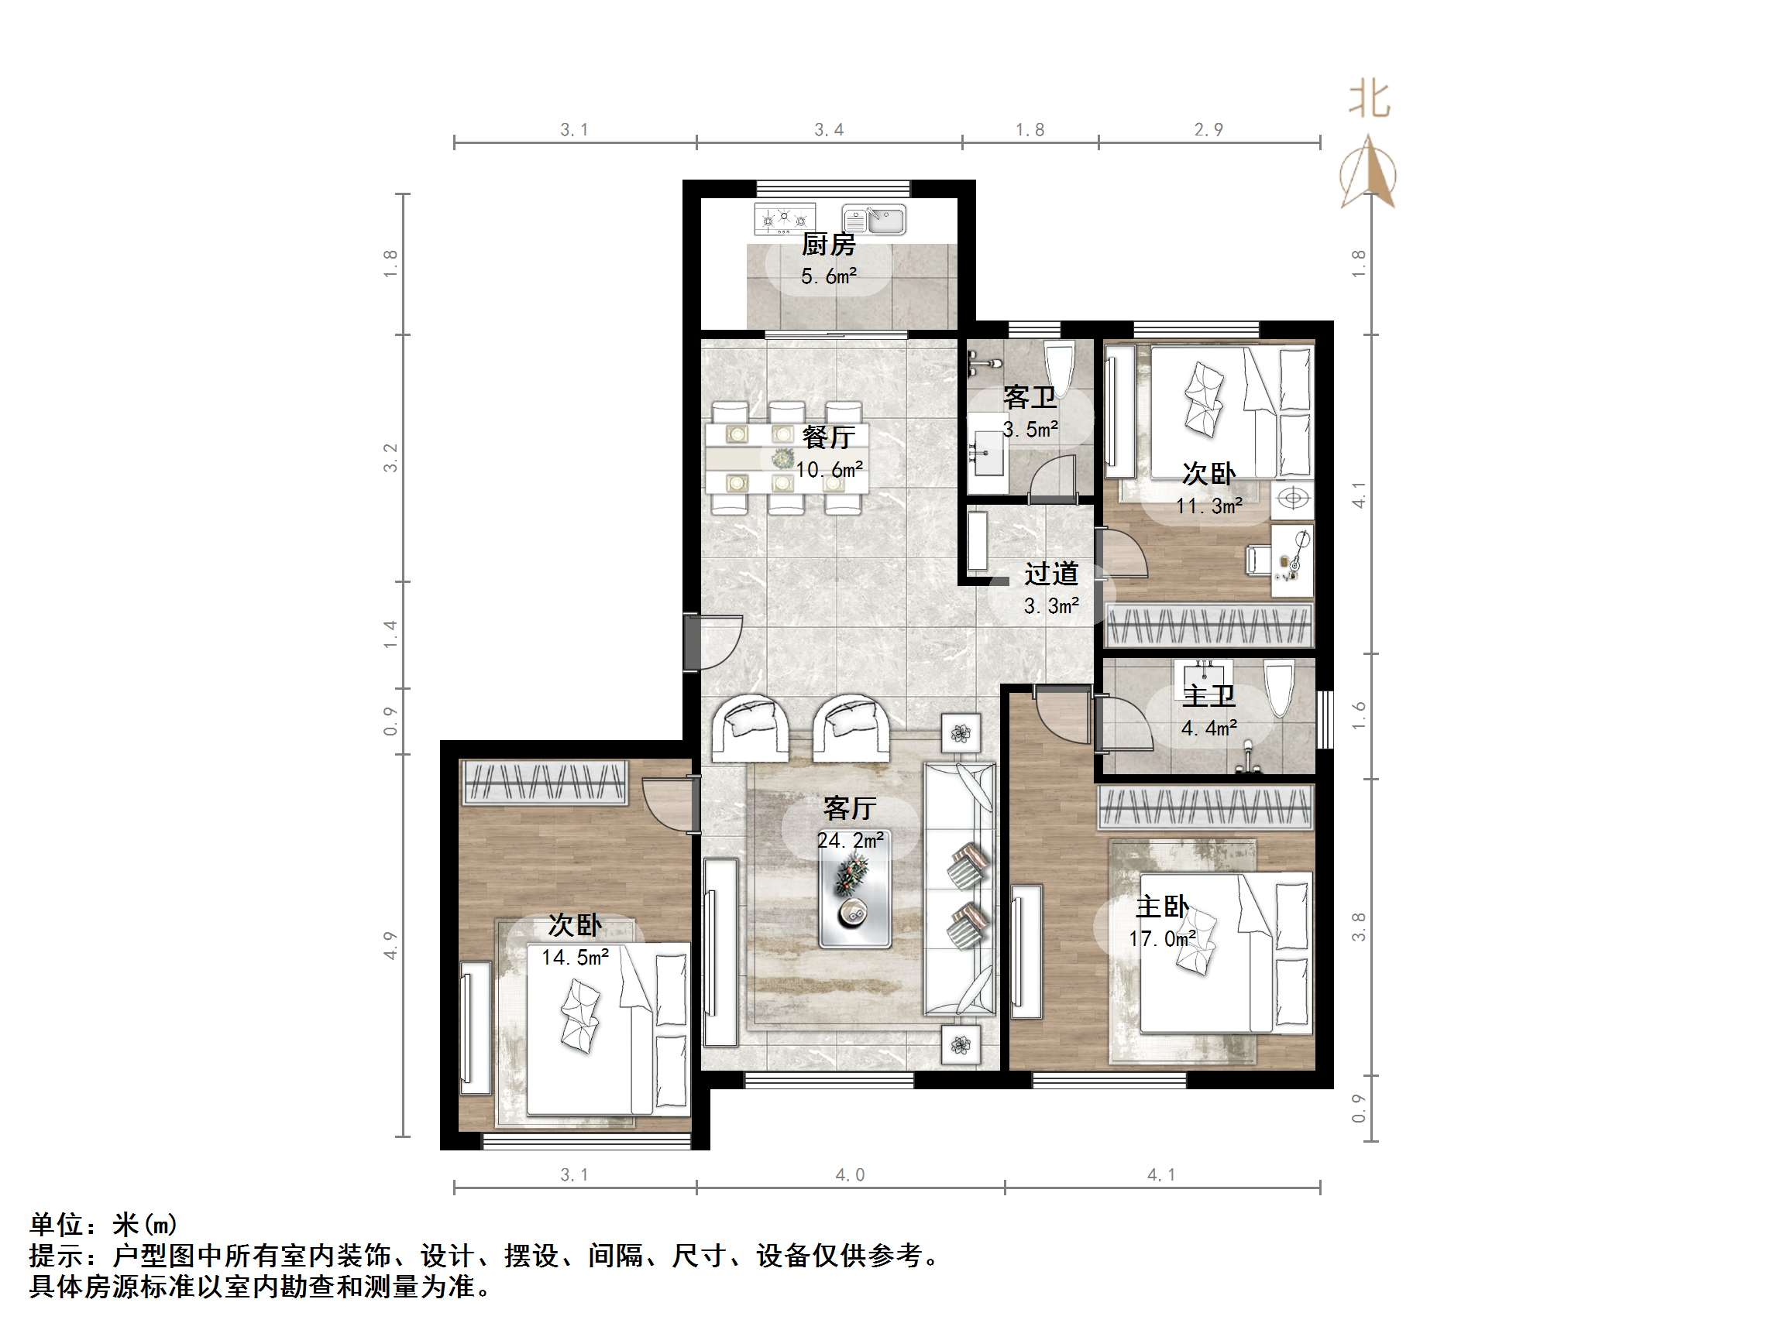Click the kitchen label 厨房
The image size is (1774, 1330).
(828, 244)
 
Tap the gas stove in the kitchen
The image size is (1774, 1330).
(783, 218)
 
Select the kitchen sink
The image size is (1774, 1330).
(874, 219)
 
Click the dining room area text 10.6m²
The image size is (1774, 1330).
(829, 470)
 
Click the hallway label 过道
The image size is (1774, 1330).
(1050, 574)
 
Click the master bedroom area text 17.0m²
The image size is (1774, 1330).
(1162, 939)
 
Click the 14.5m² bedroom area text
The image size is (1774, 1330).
(575, 957)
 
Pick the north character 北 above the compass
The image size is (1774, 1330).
(1368, 101)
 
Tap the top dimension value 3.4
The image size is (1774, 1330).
(828, 130)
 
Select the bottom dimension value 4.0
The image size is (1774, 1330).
(850, 1175)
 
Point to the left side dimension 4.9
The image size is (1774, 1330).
(390, 945)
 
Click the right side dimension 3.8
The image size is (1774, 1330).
(1359, 927)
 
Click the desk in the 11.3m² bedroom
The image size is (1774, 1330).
(1292, 560)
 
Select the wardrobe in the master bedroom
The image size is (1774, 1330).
(1205, 807)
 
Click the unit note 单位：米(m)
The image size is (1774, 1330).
(104, 1224)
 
